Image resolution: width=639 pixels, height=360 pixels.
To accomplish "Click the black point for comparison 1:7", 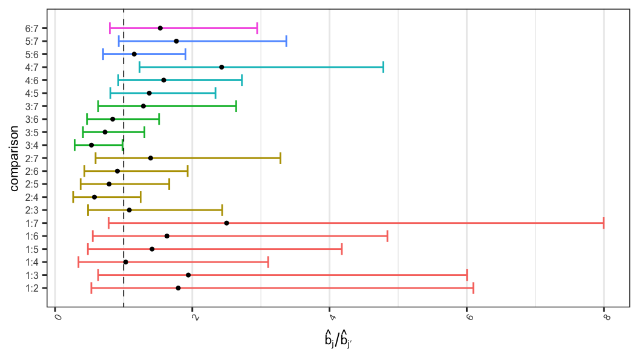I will [x=226, y=223].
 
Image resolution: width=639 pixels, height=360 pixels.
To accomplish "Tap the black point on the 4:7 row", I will [x=221, y=67].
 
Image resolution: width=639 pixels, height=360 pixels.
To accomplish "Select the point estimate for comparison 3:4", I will [x=91, y=145].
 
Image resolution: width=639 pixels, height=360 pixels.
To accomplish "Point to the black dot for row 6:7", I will [x=160, y=28].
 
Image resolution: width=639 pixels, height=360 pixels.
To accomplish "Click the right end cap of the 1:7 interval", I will [x=604, y=223].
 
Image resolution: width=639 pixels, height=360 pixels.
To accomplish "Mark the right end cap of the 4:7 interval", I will [x=383, y=67].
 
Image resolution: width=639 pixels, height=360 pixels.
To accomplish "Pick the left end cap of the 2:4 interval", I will [x=73, y=197].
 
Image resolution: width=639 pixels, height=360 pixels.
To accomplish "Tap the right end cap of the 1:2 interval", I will [x=473, y=288].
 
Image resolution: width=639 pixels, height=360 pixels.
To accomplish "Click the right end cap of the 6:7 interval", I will [x=257, y=28].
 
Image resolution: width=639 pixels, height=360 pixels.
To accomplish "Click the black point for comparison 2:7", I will [x=151, y=159].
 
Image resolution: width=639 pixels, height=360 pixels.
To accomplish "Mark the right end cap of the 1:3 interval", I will [x=467, y=275].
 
